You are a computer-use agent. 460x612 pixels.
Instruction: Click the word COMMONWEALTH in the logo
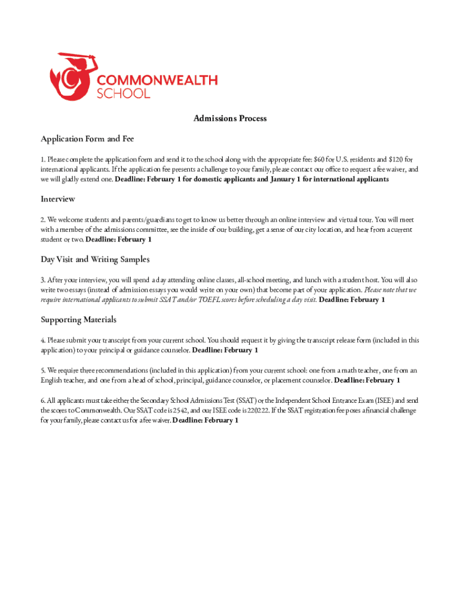tap(157, 80)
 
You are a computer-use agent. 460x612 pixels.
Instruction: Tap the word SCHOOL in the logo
tap(124, 93)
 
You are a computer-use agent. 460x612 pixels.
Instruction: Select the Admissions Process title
tap(230, 118)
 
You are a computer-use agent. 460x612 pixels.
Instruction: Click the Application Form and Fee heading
tap(87, 139)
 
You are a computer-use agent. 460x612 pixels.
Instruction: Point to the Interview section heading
tap(58, 198)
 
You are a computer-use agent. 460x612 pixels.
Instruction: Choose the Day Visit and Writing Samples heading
tap(95, 259)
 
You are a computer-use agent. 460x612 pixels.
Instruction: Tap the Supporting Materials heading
tap(78, 319)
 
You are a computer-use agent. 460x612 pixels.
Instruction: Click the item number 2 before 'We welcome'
tap(42, 219)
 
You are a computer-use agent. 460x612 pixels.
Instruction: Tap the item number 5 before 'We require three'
tap(42, 370)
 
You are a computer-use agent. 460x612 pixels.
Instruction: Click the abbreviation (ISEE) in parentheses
tap(378, 400)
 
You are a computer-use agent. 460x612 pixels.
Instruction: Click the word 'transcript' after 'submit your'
tap(124, 340)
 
